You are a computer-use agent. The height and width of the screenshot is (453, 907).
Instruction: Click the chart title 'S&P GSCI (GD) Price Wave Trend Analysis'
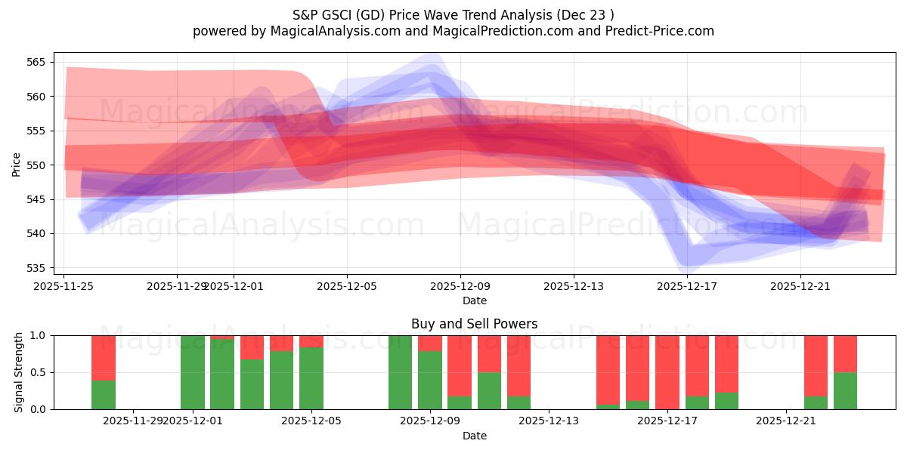pyautogui.click(x=453, y=14)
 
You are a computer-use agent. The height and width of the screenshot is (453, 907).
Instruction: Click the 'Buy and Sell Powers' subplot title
pyautogui.click(x=474, y=324)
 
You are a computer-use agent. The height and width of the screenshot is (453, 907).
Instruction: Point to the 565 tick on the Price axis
pyautogui.click(x=43, y=62)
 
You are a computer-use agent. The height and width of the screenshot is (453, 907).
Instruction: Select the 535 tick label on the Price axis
pyautogui.click(x=43, y=268)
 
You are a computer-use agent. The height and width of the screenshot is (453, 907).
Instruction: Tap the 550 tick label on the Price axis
pyautogui.click(x=43, y=165)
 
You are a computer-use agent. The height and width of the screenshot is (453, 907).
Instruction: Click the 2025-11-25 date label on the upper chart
pyautogui.click(x=64, y=286)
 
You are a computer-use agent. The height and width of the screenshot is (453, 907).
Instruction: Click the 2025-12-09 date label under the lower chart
pyautogui.click(x=430, y=421)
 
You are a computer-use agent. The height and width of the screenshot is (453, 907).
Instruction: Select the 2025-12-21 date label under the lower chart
pyautogui.click(x=787, y=421)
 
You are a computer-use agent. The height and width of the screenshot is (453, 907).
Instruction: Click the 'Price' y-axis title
pyautogui.click(x=17, y=165)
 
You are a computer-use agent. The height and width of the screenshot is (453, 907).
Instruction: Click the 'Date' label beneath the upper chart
pyautogui.click(x=474, y=300)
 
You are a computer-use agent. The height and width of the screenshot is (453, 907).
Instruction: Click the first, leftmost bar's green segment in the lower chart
pyautogui.click(x=104, y=394)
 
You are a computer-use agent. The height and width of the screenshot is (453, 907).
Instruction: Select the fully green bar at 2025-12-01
pyautogui.click(x=193, y=372)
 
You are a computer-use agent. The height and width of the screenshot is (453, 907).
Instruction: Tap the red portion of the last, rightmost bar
pyautogui.click(x=845, y=353)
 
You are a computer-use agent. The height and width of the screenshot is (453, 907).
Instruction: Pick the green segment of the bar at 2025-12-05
pyautogui.click(x=311, y=378)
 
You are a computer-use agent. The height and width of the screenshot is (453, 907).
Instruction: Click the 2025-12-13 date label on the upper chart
pyautogui.click(x=573, y=286)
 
